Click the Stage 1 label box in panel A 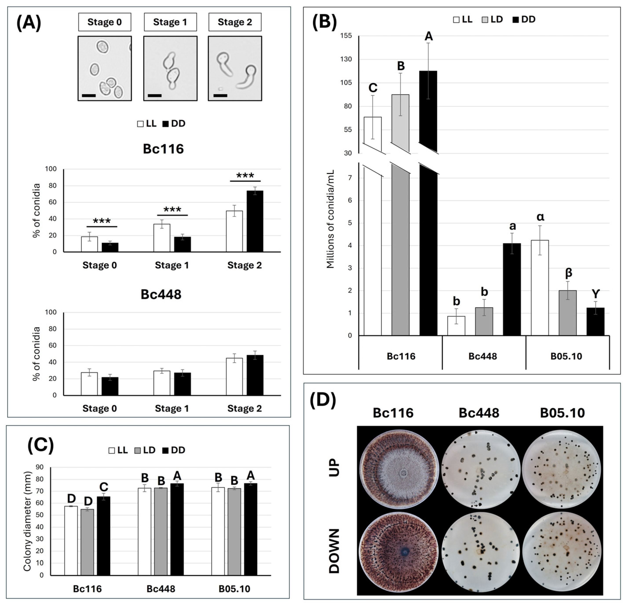(170, 22)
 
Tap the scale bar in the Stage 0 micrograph (89, 95)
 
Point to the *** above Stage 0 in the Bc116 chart (102, 221)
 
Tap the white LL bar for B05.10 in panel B (540, 288)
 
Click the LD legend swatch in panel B (485, 20)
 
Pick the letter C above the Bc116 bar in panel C (104, 487)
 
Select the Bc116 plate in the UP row (399, 469)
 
